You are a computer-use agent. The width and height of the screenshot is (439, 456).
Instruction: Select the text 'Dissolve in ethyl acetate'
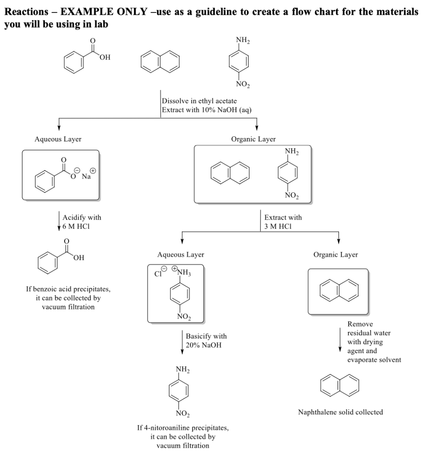tap(199, 101)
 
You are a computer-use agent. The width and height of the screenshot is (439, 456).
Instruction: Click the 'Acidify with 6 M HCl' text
tap(81, 222)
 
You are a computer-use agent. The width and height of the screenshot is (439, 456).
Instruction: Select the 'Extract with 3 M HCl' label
tap(282, 222)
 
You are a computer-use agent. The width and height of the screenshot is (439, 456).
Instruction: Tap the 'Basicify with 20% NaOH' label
tap(203, 341)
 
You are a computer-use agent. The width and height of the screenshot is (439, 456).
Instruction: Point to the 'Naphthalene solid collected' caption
tap(340, 412)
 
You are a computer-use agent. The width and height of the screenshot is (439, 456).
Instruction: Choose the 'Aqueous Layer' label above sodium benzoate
tap(58, 139)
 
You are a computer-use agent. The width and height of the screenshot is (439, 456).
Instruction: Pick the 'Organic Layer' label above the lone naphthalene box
tap(335, 255)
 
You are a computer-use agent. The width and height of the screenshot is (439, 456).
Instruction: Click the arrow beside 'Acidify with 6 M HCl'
tap(59, 221)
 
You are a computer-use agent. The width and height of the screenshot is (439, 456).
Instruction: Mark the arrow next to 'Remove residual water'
tap(340, 341)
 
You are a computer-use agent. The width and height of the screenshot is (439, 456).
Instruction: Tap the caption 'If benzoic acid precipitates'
tap(68, 289)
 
